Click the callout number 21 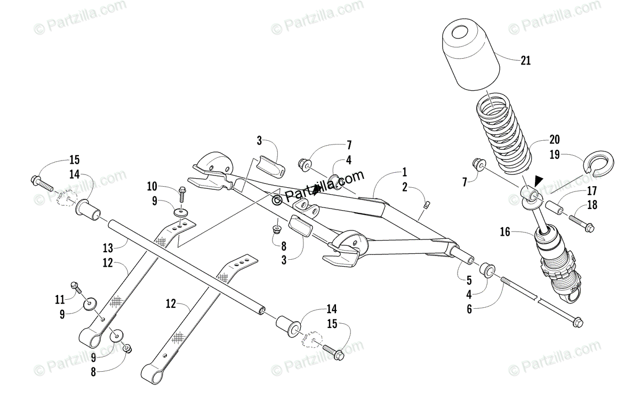[x=526, y=60]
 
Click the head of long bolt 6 [x=578, y=323]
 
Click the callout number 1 [x=405, y=172]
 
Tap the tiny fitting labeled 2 [x=427, y=203]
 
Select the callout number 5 [x=469, y=279]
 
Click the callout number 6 [x=469, y=308]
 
